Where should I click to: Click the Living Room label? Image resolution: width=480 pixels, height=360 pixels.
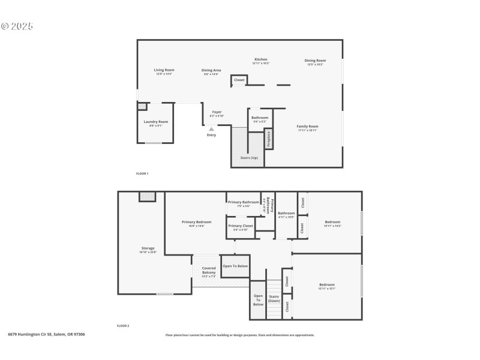point(164,70)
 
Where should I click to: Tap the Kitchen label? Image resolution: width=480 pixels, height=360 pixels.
point(261,59)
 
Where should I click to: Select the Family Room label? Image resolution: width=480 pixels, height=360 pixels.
point(307,127)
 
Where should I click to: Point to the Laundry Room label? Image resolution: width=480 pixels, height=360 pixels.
point(155,122)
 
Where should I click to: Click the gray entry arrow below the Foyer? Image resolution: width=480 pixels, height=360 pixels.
point(211,128)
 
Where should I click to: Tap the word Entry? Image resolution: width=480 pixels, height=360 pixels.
point(211,135)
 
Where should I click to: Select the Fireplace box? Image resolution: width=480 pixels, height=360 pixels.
point(269,139)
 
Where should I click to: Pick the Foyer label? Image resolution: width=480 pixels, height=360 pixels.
point(217,112)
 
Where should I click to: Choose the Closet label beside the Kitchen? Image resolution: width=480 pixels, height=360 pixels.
point(239,80)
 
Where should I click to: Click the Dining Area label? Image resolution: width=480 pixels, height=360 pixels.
point(211,70)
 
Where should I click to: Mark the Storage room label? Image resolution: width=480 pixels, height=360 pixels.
point(148,248)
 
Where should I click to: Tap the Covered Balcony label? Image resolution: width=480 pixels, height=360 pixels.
point(209,271)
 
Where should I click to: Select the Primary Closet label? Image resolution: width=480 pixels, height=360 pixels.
point(239,226)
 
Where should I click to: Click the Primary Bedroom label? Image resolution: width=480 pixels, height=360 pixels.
point(197,222)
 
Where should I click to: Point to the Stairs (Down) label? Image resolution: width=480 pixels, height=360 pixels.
point(274,298)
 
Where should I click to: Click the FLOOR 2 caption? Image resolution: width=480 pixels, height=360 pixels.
point(124,326)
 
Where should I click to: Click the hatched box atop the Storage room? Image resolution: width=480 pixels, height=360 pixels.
point(147,196)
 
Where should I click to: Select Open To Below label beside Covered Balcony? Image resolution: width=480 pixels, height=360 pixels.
point(235,266)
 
